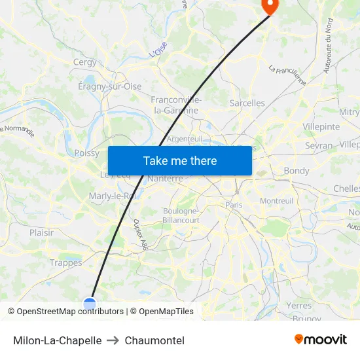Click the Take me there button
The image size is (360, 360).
[x=179, y=160]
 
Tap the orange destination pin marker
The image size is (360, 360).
[x=269, y=6]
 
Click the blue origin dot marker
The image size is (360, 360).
[x=90, y=303]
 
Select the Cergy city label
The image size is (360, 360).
[x=84, y=63]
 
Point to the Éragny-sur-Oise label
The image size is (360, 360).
[x=109, y=86]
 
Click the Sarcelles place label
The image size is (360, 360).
[x=247, y=103]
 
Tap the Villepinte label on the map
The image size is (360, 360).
[x=321, y=126]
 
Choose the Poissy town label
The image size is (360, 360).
[x=87, y=153]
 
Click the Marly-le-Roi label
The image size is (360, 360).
[x=112, y=196]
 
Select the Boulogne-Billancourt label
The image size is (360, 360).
[x=180, y=215]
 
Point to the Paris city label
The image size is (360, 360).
[x=234, y=205]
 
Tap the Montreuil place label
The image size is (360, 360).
[x=277, y=201]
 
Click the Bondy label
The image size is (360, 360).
[x=297, y=171]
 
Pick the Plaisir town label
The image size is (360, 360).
[x=41, y=232]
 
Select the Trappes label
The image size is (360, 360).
[x=66, y=263]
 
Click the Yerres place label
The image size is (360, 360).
[x=299, y=305]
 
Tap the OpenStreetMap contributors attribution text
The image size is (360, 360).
[x=70, y=312]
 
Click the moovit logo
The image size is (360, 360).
[x=320, y=340]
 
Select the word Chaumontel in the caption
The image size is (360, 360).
[x=154, y=340]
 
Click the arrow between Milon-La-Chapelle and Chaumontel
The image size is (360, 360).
[x=113, y=340]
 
